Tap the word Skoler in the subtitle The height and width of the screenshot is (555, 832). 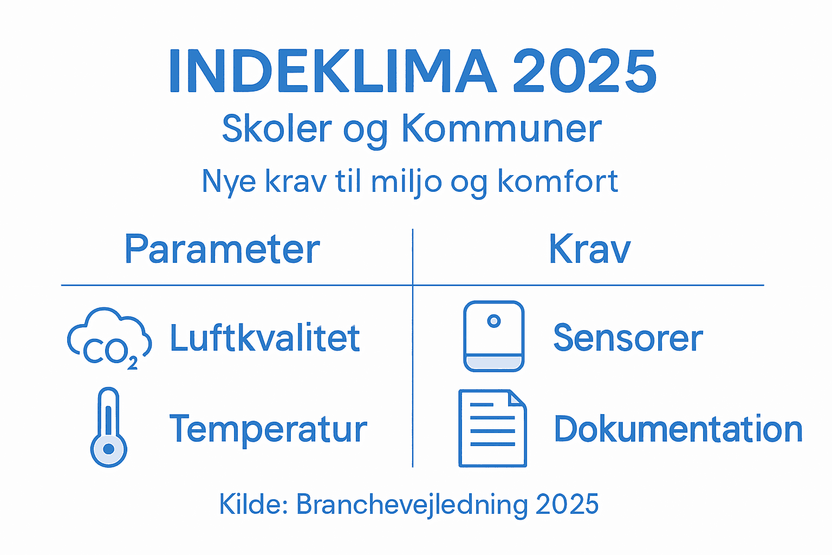[x=277, y=129]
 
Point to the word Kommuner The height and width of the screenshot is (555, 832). [x=501, y=129]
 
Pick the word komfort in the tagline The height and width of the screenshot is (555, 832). [x=557, y=182]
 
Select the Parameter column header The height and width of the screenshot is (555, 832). [x=222, y=249]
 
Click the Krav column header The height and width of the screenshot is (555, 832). [x=589, y=249]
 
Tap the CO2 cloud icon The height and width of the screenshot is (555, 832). [x=109, y=339]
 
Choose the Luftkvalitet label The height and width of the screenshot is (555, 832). [x=265, y=338]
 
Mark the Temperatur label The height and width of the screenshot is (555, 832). [x=268, y=429]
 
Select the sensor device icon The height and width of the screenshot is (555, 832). [x=493, y=336]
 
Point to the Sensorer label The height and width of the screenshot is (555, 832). [x=628, y=338]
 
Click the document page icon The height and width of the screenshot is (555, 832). [x=492, y=428]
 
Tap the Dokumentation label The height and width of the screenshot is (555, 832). [x=678, y=429]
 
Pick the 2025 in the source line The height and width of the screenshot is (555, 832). [x=567, y=505]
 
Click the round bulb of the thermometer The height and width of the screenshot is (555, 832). [x=109, y=449]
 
